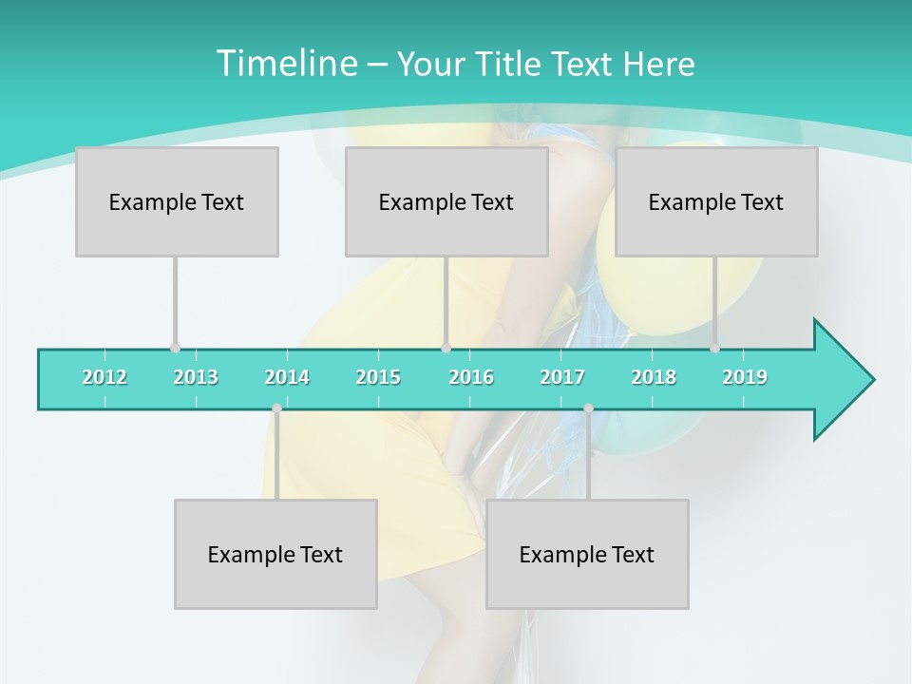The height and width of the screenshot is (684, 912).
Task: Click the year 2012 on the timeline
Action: [x=104, y=377]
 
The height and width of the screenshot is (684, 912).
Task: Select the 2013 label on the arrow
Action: [x=196, y=377]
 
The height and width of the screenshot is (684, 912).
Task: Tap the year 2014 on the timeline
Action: [x=287, y=377]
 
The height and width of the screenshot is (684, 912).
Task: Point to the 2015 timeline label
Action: [x=378, y=377]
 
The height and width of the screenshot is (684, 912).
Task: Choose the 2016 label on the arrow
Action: [x=471, y=377]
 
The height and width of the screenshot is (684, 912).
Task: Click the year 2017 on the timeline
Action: [x=562, y=377]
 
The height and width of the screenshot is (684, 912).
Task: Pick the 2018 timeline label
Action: [x=654, y=377]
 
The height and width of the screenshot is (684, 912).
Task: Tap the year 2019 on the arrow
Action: [x=745, y=377]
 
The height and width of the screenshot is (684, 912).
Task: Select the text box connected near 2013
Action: [x=177, y=201]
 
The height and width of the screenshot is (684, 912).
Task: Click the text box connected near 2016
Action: [x=446, y=201]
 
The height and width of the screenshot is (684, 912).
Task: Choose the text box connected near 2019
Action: [x=716, y=201]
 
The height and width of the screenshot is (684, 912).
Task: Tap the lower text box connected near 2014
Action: [x=275, y=554]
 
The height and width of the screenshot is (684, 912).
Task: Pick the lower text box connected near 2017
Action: [x=587, y=554]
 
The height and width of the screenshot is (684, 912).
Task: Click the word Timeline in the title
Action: [x=286, y=64]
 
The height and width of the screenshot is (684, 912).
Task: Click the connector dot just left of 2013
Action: [x=175, y=349]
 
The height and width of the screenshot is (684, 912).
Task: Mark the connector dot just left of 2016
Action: [x=446, y=349]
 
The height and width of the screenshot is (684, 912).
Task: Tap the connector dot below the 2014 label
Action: [x=276, y=408]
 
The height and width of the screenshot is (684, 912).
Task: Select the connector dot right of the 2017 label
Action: [x=588, y=408]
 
